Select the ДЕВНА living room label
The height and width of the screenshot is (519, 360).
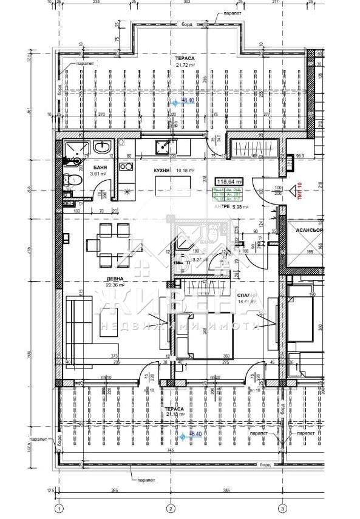[x=115, y=279]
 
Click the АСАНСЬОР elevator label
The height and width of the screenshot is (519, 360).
[x=309, y=231]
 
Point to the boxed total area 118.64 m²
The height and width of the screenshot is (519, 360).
[x=230, y=181]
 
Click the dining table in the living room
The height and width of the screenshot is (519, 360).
[x=108, y=244]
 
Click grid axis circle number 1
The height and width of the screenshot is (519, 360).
[x=59, y=508]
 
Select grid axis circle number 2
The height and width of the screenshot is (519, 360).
[x=171, y=508]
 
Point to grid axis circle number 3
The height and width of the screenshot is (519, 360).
[x=282, y=508]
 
